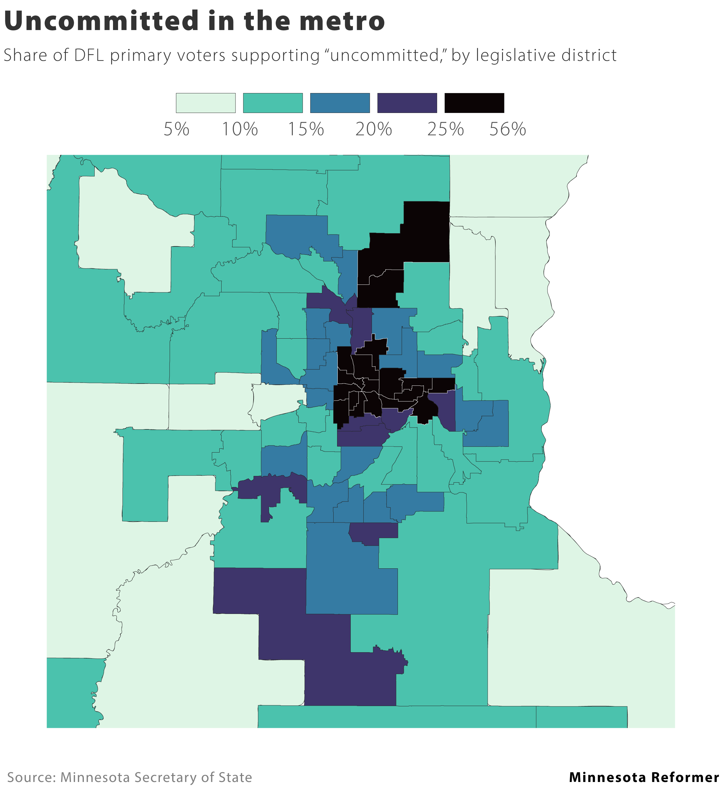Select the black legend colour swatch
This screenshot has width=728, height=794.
[x=474, y=103]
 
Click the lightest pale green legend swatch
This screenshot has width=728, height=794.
[x=206, y=103]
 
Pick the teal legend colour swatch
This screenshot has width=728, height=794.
[x=273, y=103]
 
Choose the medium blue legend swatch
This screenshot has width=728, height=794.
[x=340, y=103]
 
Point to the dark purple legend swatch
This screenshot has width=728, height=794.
[x=407, y=103]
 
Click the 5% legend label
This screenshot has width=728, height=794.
[x=177, y=129]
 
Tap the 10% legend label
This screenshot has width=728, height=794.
[x=240, y=129]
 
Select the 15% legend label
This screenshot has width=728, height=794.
[x=306, y=129]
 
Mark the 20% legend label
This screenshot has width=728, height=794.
[x=373, y=129]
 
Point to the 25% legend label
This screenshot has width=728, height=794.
[x=446, y=129]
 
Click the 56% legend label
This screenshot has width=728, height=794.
[x=507, y=129]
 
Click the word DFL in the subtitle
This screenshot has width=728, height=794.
[x=89, y=55]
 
